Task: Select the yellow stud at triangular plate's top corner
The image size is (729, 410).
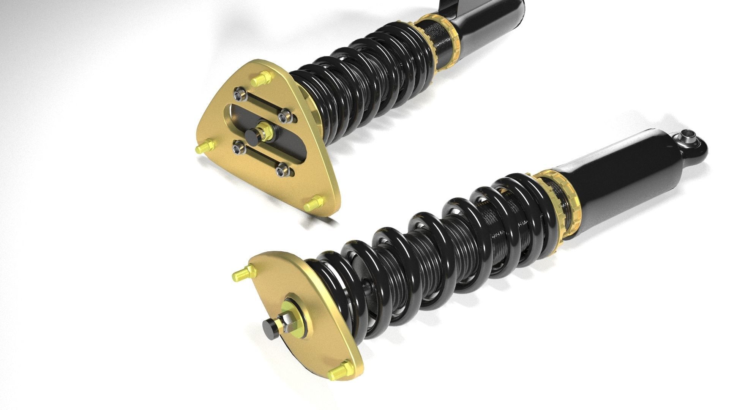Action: tap(260, 79)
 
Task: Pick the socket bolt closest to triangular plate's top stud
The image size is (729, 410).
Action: tap(239, 92)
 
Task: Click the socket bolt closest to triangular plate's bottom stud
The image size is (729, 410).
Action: tap(281, 170)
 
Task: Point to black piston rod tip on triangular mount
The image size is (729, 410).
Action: tap(251, 136)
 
